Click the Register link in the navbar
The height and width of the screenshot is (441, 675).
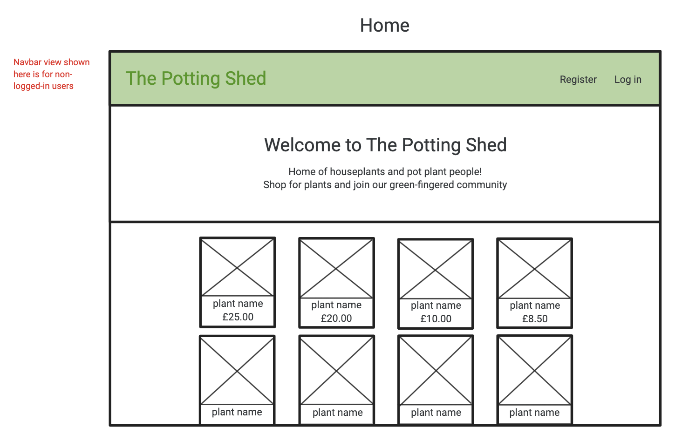click(x=578, y=80)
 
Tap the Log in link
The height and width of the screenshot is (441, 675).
click(x=627, y=80)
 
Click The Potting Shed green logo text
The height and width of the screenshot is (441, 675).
click(x=196, y=79)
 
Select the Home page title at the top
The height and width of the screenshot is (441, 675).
click(x=384, y=25)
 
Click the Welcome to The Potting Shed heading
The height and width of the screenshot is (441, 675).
click(x=385, y=145)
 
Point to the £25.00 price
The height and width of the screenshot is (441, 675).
click(x=238, y=317)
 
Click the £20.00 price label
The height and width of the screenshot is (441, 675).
click(x=336, y=319)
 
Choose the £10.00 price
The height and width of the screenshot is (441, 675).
click(x=436, y=319)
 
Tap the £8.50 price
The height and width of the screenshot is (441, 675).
click(x=535, y=319)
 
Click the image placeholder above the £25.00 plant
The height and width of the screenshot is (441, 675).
click(x=238, y=267)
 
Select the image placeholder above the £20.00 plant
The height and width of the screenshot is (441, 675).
click(x=336, y=268)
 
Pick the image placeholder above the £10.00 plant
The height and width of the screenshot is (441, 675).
click(x=436, y=269)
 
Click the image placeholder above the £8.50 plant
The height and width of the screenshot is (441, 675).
click(x=535, y=268)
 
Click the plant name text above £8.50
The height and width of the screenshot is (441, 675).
click(x=535, y=305)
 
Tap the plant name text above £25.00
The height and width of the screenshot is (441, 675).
click(x=238, y=304)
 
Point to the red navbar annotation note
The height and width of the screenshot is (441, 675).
click(x=52, y=74)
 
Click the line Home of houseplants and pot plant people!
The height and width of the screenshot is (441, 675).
click(x=385, y=172)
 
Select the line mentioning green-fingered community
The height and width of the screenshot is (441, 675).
click(x=385, y=185)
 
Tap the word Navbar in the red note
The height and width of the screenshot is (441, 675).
click(x=27, y=62)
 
